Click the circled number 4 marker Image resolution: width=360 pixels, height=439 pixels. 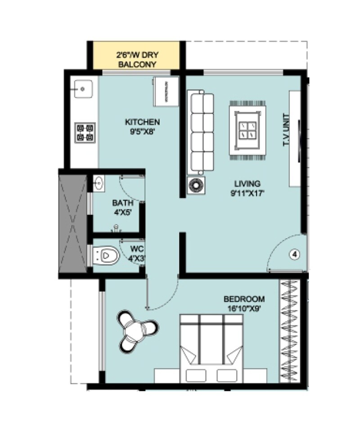(x=295, y=255)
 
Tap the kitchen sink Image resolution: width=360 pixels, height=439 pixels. (x=83, y=89)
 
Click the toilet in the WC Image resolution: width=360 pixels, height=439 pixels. (x=107, y=256)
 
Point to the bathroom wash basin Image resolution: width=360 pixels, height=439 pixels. (x=99, y=183)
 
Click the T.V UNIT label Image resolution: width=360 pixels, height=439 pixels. (x=285, y=132)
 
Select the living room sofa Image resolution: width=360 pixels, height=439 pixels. (x=201, y=131)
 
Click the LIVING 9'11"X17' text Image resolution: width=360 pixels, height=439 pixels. (x=247, y=188)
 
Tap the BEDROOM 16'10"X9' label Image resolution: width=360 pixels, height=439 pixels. (x=244, y=303)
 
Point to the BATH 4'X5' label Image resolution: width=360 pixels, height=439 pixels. (x=123, y=207)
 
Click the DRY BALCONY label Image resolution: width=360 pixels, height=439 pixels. (x=137, y=60)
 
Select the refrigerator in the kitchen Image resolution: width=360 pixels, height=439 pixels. (x=165, y=92)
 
